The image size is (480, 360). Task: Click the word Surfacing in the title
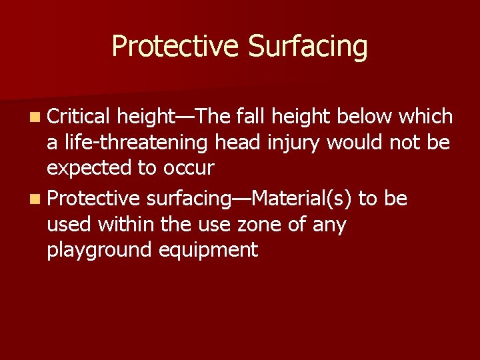pyautogui.click(x=307, y=47)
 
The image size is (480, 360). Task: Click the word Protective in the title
pyautogui.click(x=175, y=47)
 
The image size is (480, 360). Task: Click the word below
pyautogui.click(x=365, y=117)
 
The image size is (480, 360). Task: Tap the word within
pyautogui.click(x=127, y=225)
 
